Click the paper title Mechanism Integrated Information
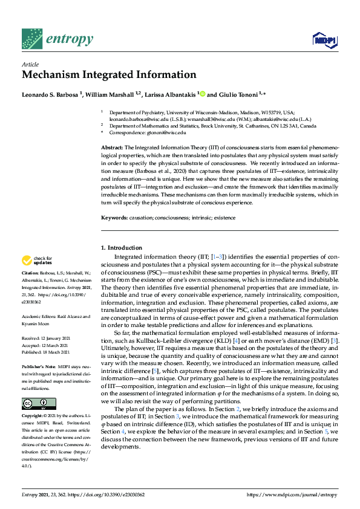109,74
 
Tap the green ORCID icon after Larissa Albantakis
203,94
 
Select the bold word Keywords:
113,217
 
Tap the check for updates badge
38,261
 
